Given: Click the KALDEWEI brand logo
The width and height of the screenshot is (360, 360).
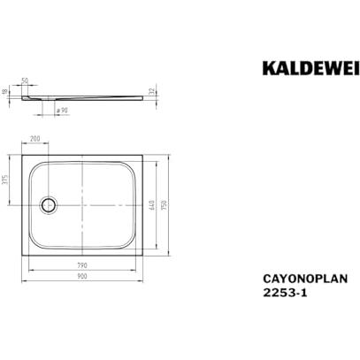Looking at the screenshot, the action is (311, 68).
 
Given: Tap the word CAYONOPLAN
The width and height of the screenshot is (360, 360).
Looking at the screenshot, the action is (305, 279).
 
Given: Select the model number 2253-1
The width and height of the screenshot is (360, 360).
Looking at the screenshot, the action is (285, 293).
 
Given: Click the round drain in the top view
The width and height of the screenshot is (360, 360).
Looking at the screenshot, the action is (48, 204).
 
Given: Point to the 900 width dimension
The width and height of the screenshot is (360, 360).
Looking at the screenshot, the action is (82, 276).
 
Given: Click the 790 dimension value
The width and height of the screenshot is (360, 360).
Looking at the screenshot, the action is (82, 265).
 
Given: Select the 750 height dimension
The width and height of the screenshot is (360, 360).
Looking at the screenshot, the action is (165, 205).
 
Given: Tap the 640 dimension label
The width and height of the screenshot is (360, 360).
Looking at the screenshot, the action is (152, 205).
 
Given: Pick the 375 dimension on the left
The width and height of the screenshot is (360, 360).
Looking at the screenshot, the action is (5, 180).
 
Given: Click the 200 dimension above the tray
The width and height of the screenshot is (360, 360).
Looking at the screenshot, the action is (35, 138).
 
